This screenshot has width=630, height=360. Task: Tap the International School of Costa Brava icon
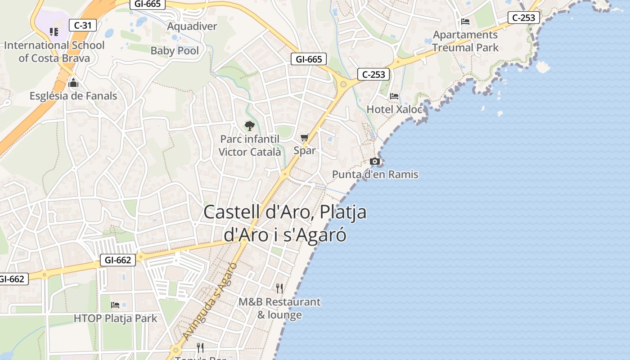point(54,31)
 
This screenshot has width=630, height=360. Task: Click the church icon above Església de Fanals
point(73,83)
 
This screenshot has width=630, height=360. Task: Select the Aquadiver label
point(192,26)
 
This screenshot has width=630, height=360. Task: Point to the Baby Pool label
point(175,50)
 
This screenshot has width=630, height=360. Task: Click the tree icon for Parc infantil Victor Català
point(249,126)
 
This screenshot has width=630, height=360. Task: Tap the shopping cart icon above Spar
point(305,138)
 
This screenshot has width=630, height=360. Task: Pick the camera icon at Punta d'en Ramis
point(374,161)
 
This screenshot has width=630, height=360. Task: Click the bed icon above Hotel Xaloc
point(394,96)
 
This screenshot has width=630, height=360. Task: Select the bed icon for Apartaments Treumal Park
point(465,22)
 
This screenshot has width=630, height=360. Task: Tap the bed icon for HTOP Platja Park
point(115,305)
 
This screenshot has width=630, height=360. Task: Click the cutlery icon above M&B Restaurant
point(279,288)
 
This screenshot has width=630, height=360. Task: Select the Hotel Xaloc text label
point(394,109)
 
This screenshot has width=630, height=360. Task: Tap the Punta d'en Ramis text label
point(375,174)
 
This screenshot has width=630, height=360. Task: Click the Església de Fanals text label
point(73,96)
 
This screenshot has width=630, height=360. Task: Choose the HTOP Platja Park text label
point(116,319)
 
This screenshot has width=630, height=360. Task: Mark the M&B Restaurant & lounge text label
point(279,308)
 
